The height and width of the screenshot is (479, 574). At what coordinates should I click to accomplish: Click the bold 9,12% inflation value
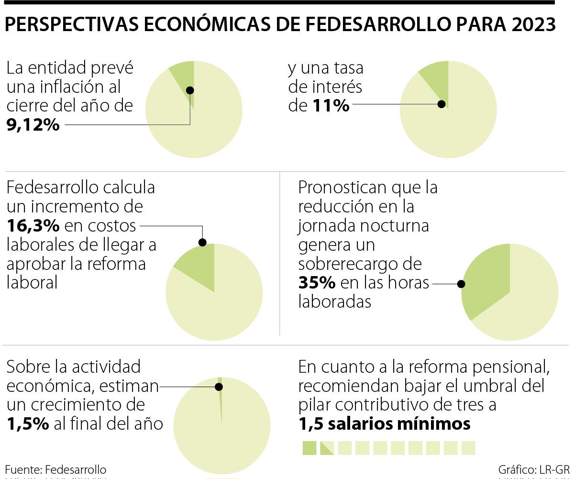click(33, 125)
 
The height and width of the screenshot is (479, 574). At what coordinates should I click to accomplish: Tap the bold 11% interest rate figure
click(331, 105)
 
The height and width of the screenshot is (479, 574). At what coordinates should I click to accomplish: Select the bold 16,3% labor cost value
click(33, 225)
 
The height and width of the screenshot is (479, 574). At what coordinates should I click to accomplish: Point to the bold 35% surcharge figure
click(317, 283)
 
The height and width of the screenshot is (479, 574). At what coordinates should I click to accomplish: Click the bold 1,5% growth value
click(28, 424)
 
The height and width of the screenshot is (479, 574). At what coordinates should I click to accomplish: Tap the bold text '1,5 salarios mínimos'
click(385, 424)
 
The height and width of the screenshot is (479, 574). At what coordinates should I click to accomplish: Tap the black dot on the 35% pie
click(461, 284)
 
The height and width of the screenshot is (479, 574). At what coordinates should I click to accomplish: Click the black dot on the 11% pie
click(442, 104)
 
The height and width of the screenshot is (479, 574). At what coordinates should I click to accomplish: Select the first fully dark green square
click(309, 448)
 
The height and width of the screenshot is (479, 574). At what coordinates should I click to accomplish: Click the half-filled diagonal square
click(327, 448)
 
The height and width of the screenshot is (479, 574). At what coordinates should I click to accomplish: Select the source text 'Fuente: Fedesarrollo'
click(55, 469)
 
